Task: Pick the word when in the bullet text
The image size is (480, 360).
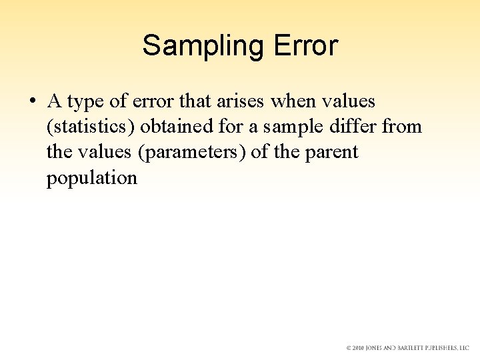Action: coord(294,102)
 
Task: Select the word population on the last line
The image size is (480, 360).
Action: coord(92,178)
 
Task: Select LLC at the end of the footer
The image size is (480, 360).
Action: coord(464,348)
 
